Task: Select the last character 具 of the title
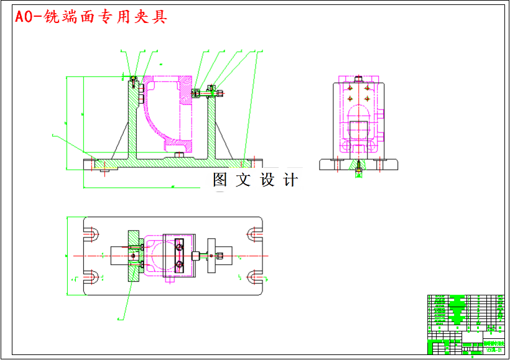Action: point(160,17)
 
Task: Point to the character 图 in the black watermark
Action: point(221,180)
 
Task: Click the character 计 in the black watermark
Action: point(290,180)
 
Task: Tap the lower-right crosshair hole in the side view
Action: point(368,99)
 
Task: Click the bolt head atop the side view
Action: point(358,79)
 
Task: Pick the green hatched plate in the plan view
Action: point(134,256)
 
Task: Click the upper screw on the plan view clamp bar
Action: point(180,246)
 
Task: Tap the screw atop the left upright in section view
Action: point(134,80)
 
